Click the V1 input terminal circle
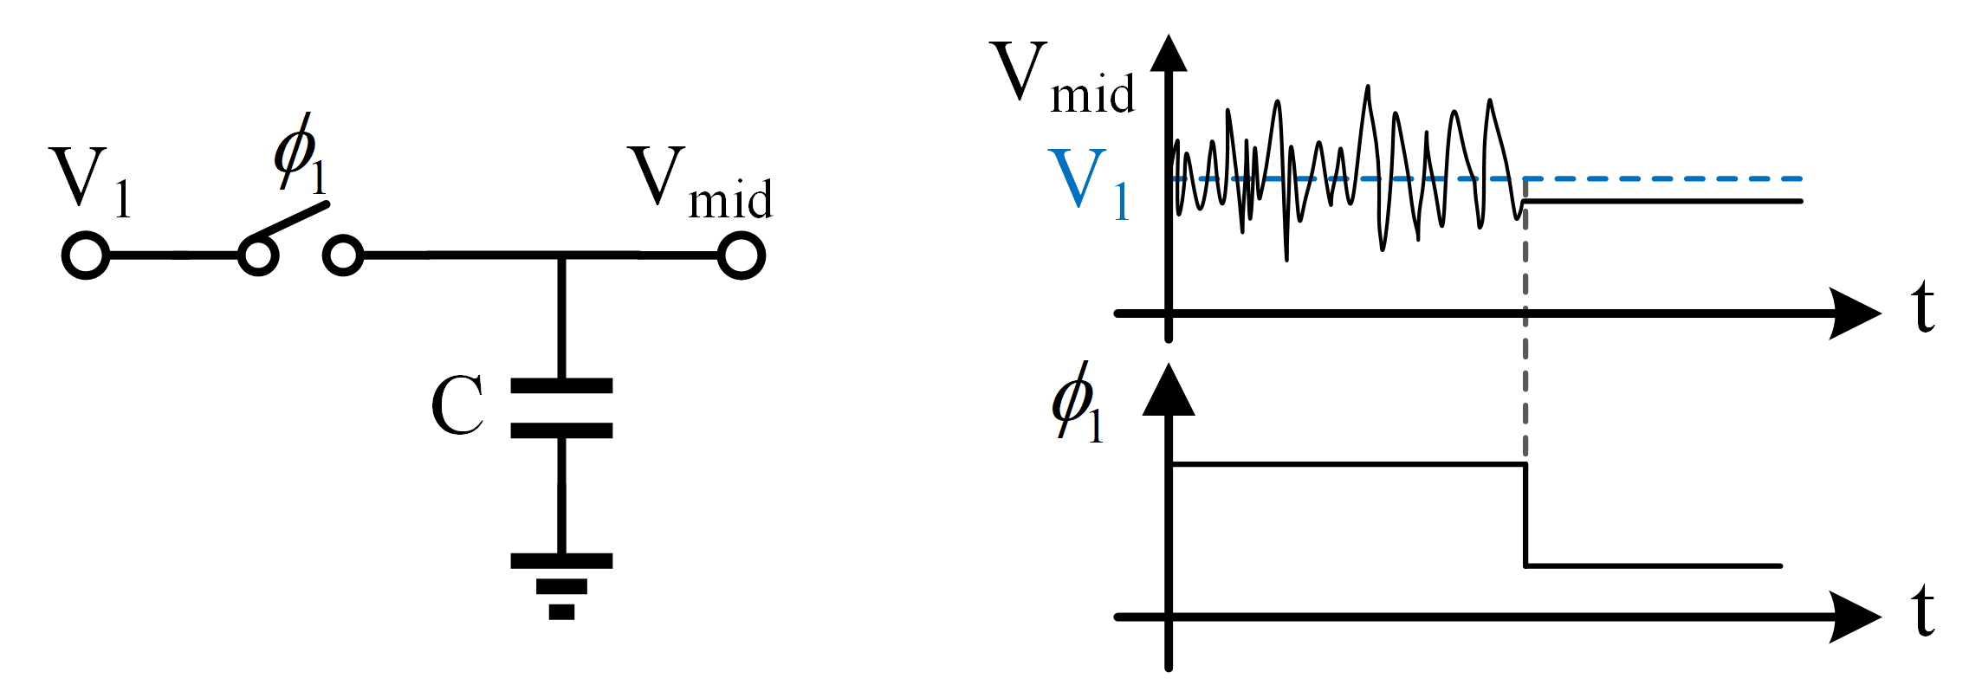coord(86,255)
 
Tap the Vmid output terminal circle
coord(742,255)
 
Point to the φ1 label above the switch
coord(300,153)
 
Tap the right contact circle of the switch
coord(343,255)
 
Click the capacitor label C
coord(457,405)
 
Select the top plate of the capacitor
coord(561,385)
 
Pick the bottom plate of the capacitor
coord(561,430)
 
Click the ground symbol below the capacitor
coord(561,586)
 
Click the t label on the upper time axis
coord(1923,307)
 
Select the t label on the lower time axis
coord(1923,611)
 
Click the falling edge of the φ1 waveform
coord(1525,515)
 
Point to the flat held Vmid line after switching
coord(1663,201)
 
